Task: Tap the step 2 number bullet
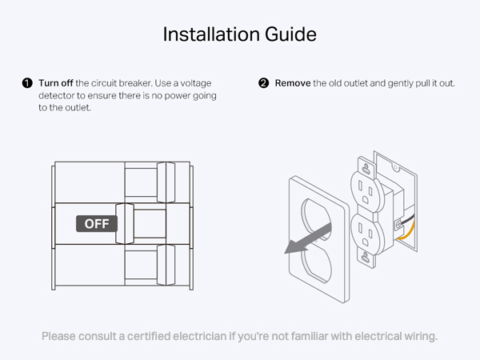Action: [264, 83]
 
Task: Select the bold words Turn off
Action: [56, 83]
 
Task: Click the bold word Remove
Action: [293, 83]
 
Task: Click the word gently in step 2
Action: [393, 83]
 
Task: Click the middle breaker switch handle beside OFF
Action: [123, 224]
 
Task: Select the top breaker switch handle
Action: [166, 181]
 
